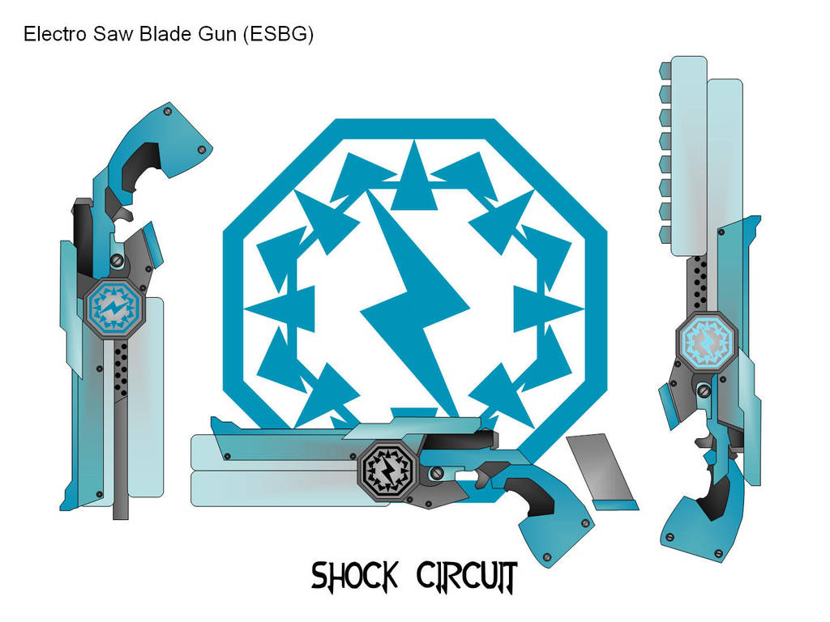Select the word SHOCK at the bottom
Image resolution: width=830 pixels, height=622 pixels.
pyautogui.click(x=354, y=577)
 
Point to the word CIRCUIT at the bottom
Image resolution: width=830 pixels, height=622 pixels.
pyautogui.click(x=467, y=577)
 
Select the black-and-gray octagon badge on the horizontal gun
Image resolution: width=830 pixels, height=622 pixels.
pyautogui.click(x=387, y=469)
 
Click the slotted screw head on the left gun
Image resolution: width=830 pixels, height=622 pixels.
pyautogui.click(x=118, y=260)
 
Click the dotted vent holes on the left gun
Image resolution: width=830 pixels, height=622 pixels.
pyautogui.click(x=122, y=360)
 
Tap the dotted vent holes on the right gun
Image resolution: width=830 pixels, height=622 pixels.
pyautogui.click(x=702, y=275)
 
